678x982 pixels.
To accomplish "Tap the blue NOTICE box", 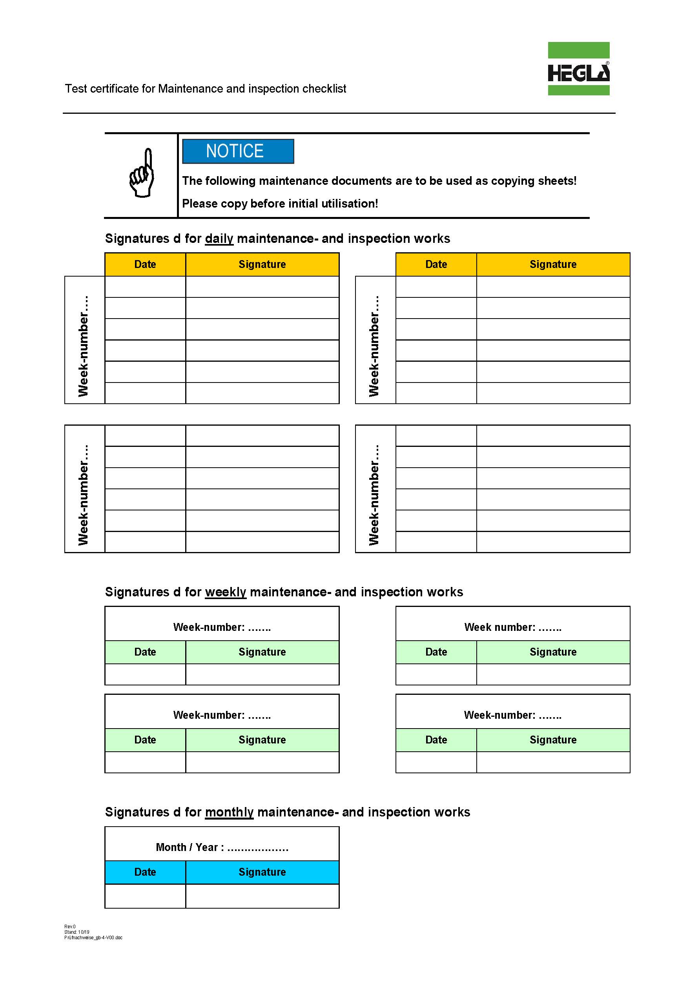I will (x=238, y=151).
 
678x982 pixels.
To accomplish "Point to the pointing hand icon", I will (x=142, y=173).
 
